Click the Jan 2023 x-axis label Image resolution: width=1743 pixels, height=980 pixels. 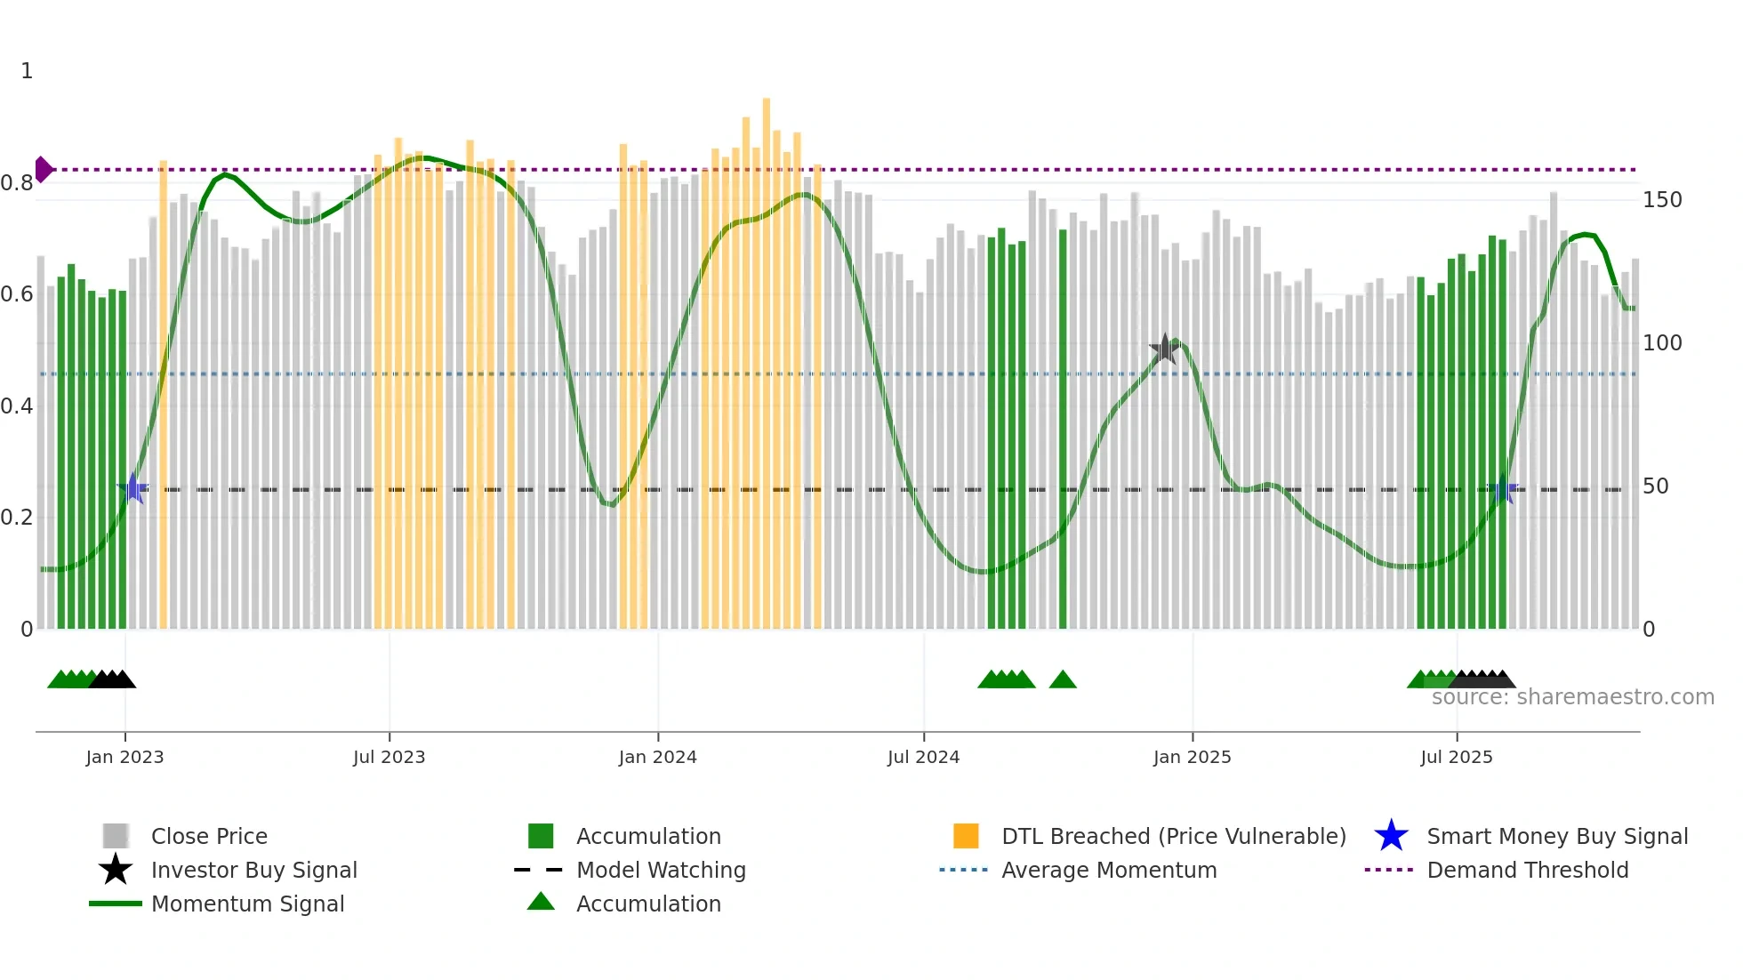(124, 757)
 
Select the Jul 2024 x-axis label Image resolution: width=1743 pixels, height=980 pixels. (923, 757)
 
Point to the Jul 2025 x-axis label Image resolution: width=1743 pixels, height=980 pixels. (1456, 757)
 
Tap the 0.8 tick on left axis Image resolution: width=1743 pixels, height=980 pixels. (17, 183)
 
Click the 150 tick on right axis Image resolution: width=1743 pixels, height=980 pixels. (1661, 200)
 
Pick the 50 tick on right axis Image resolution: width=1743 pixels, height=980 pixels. (1655, 486)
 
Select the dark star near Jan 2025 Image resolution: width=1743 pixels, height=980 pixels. (1164, 349)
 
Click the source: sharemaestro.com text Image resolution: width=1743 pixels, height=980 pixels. (1572, 697)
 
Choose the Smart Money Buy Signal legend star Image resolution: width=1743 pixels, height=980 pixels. (1391, 836)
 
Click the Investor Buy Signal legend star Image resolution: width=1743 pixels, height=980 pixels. (116, 870)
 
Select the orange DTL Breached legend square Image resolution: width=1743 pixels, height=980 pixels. (966, 836)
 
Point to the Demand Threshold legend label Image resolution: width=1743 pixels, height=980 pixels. (1527, 870)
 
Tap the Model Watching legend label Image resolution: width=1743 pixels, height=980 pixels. (661, 870)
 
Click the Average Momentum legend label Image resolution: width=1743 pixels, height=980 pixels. (1109, 870)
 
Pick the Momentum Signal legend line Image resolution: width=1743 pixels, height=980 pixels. (116, 904)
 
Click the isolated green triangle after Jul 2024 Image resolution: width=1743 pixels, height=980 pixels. (1063, 680)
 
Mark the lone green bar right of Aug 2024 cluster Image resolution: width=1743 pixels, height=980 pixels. (1063, 427)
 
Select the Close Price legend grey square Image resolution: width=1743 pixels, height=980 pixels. (116, 836)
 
